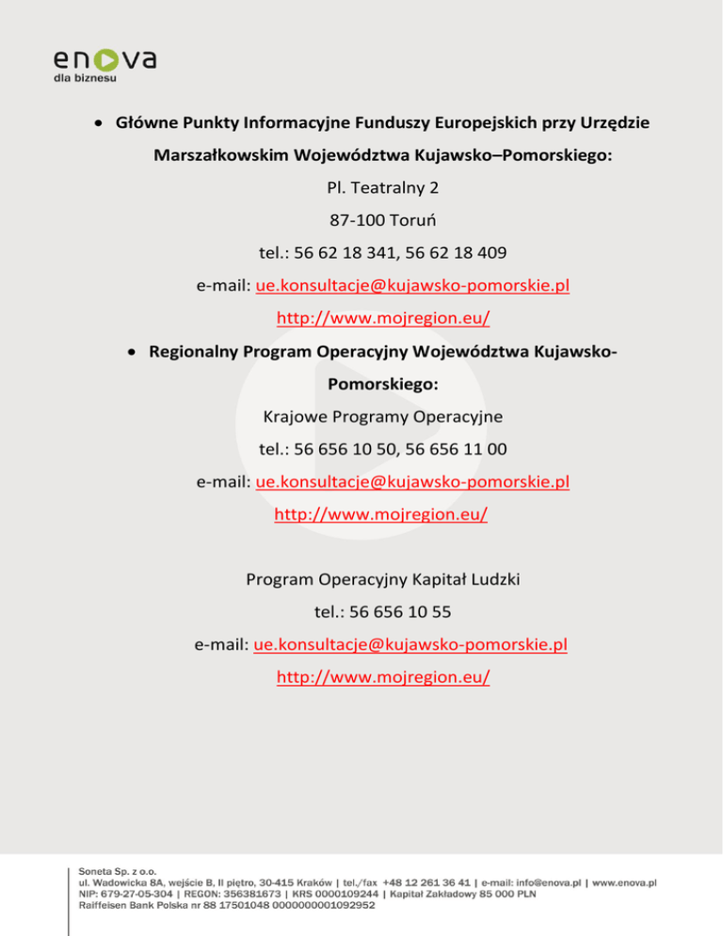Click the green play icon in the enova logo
(x=106, y=59)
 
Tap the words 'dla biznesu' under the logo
(x=85, y=79)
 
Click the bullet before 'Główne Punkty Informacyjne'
(x=99, y=123)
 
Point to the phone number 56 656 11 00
(x=454, y=449)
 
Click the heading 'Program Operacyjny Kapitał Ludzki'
(x=382, y=580)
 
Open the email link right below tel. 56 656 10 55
(x=410, y=645)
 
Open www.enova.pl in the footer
(x=624, y=882)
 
